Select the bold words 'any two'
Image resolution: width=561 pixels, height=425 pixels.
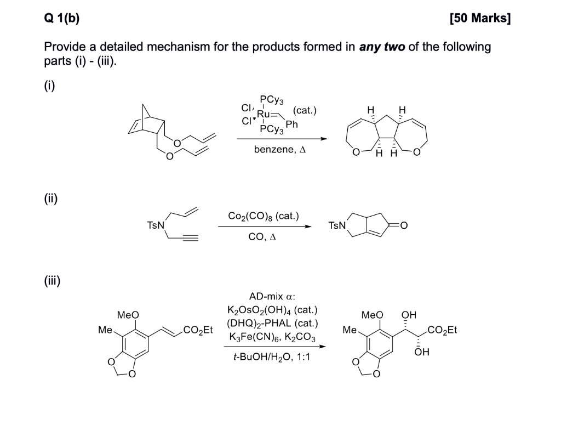point(382,47)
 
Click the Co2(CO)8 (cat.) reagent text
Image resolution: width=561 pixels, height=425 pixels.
point(263,216)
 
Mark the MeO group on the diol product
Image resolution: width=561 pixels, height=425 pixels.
point(373,315)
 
